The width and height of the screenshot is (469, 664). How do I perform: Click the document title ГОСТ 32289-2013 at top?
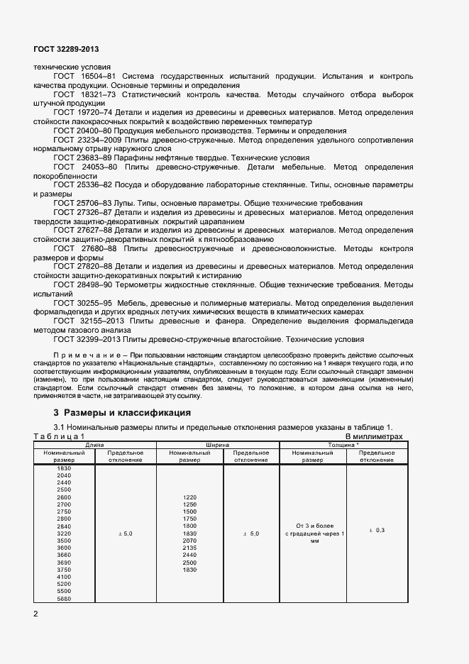pyautogui.click(x=66, y=49)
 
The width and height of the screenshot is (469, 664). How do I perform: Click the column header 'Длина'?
pyautogui.click(x=94, y=445)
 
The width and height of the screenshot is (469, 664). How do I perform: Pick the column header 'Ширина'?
pyautogui.click(x=218, y=445)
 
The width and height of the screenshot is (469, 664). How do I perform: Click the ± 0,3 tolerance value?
pyautogui.click(x=377, y=531)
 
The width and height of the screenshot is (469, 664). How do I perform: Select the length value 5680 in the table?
pyautogui.click(x=64, y=598)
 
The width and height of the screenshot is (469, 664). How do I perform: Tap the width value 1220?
pyautogui.click(x=189, y=497)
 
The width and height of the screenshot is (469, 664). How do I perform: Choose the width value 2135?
pyautogui.click(x=189, y=548)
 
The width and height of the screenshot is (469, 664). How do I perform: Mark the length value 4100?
pyautogui.click(x=64, y=577)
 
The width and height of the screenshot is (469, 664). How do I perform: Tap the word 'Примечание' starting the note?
pyautogui.click(x=79, y=353)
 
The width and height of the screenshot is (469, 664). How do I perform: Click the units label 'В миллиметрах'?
pyautogui.click(x=373, y=437)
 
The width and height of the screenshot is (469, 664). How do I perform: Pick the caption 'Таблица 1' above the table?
pyautogui.click(x=59, y=437)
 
